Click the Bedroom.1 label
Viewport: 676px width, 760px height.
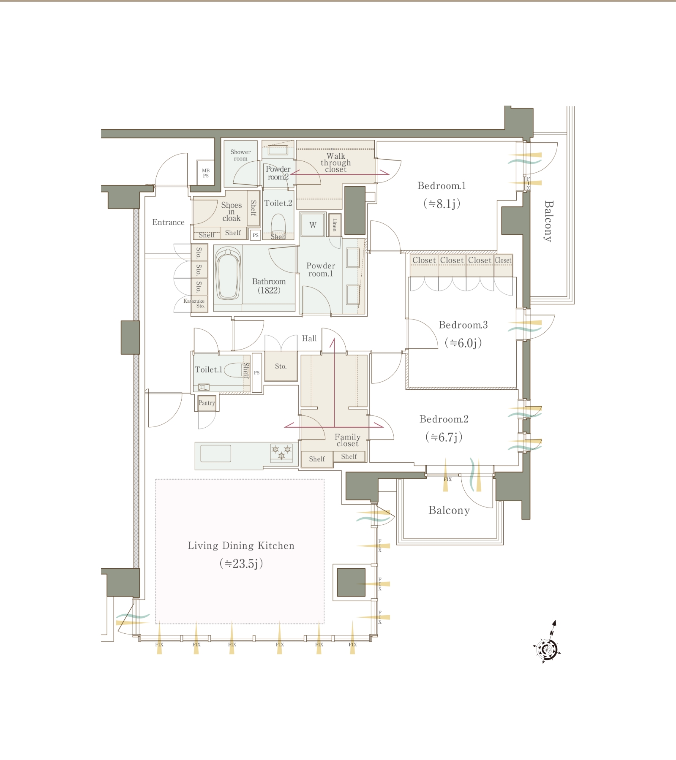point(442,186)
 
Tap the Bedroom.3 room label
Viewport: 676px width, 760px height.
point(463,325)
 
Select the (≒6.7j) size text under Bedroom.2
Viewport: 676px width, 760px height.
point(444,437)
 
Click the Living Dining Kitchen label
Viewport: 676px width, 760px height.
point(241,546)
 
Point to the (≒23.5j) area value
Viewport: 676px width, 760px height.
point(241,564)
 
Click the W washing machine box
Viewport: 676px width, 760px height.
point(313,225)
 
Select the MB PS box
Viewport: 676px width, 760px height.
point(206,173)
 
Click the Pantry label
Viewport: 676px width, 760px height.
point(207,403)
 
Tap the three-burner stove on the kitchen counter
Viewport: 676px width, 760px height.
point(281,453)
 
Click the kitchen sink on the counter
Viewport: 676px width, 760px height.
point(215,453)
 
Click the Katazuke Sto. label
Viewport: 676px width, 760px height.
point(194,304)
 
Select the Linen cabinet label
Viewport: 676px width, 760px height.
point(335,225)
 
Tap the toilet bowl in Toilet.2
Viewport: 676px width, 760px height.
point(278,224)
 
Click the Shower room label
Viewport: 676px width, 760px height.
point(240,155)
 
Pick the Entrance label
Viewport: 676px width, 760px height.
point(169,223)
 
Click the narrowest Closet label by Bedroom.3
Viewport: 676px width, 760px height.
point(503,260)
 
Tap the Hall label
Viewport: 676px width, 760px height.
point(309,339)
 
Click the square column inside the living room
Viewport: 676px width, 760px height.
point(351,582)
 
